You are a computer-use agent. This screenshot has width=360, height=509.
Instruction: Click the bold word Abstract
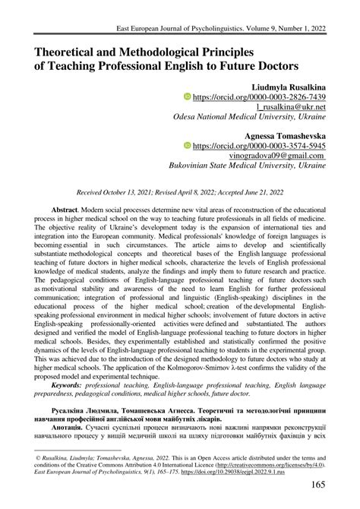tap(68, 207)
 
